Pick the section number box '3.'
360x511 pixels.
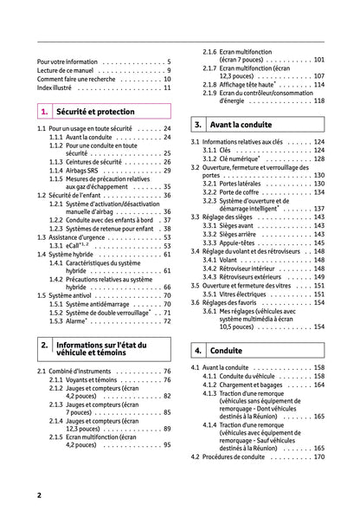click(x=198, y=124)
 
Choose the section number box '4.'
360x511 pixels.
click(x=198, y=351)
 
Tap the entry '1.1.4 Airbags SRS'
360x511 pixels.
click(x=83, y=171)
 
